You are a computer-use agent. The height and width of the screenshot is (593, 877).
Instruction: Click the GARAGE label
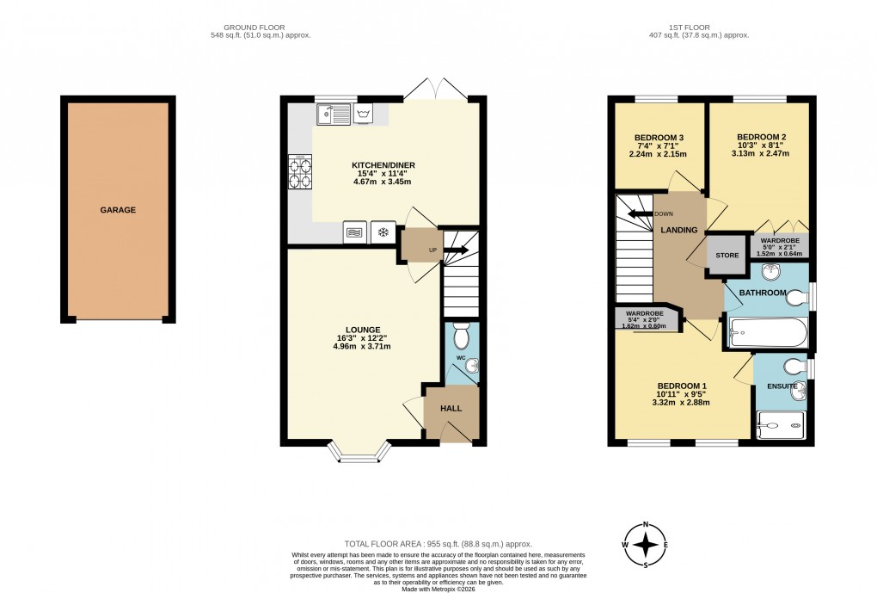click(x=118, y=210)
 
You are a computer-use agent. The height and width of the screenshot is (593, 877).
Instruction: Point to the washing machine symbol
click(x=366, y=113)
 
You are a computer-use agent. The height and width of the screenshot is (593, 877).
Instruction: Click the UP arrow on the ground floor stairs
click(x=453, y=250)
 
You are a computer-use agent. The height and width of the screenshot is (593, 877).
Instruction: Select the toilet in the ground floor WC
click(x=461, y=335)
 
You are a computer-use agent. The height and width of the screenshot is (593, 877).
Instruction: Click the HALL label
click(x=452, y=409)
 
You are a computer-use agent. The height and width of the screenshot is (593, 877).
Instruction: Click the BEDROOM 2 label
click(x=762, y=137)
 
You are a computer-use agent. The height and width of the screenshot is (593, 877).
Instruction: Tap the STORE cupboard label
click(x=728, y=256)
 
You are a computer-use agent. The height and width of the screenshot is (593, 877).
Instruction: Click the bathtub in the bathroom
click(x=768, y=331)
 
